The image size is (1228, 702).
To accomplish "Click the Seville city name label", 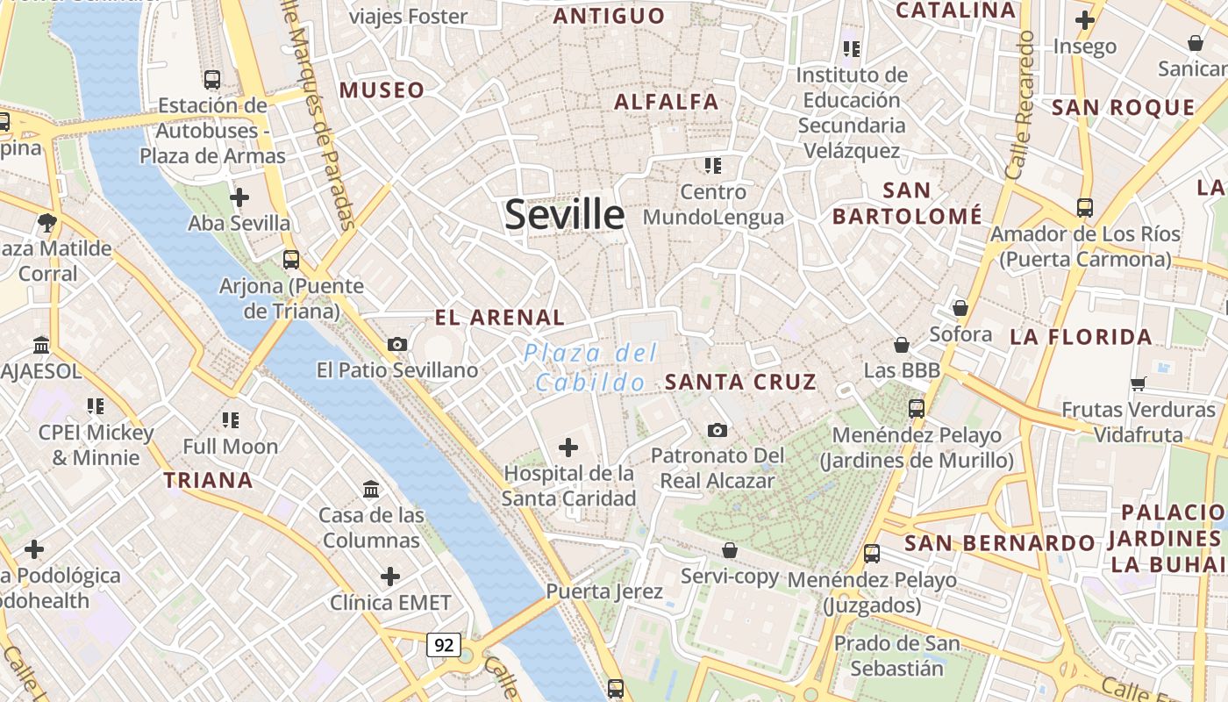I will tap(564, 214).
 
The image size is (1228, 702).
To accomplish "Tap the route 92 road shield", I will tap(444, 645).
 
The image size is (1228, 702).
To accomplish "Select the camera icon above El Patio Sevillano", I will tap(397, 344).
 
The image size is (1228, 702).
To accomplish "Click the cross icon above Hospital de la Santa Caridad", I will tap(568, 448).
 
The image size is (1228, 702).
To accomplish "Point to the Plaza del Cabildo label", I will tap(590, 368).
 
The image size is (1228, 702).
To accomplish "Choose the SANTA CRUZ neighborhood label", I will tap(740, 382).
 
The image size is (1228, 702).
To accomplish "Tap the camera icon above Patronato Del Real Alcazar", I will tap(718, 430).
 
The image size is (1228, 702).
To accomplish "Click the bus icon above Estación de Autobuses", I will tap(212, 79).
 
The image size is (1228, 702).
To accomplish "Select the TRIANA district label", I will tap(208, 480).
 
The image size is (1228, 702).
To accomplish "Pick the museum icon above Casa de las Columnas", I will tap(371, 489).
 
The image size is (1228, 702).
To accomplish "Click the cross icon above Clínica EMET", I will tap(390, 577).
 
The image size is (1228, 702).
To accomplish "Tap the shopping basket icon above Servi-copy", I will tap(730, 550).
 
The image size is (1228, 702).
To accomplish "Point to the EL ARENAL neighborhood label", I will tap(500, 317).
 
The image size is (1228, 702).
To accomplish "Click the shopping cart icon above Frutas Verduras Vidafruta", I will tap(1139, 383).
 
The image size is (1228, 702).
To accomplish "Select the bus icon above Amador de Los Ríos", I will tap(1085, 208).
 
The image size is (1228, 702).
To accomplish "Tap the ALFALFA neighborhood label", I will tap(667, 102).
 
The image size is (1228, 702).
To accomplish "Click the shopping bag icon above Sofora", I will tap(960, 308).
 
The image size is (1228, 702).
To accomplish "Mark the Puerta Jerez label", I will tap(604, 591).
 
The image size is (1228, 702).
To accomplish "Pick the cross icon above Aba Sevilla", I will tap(239, 197).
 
